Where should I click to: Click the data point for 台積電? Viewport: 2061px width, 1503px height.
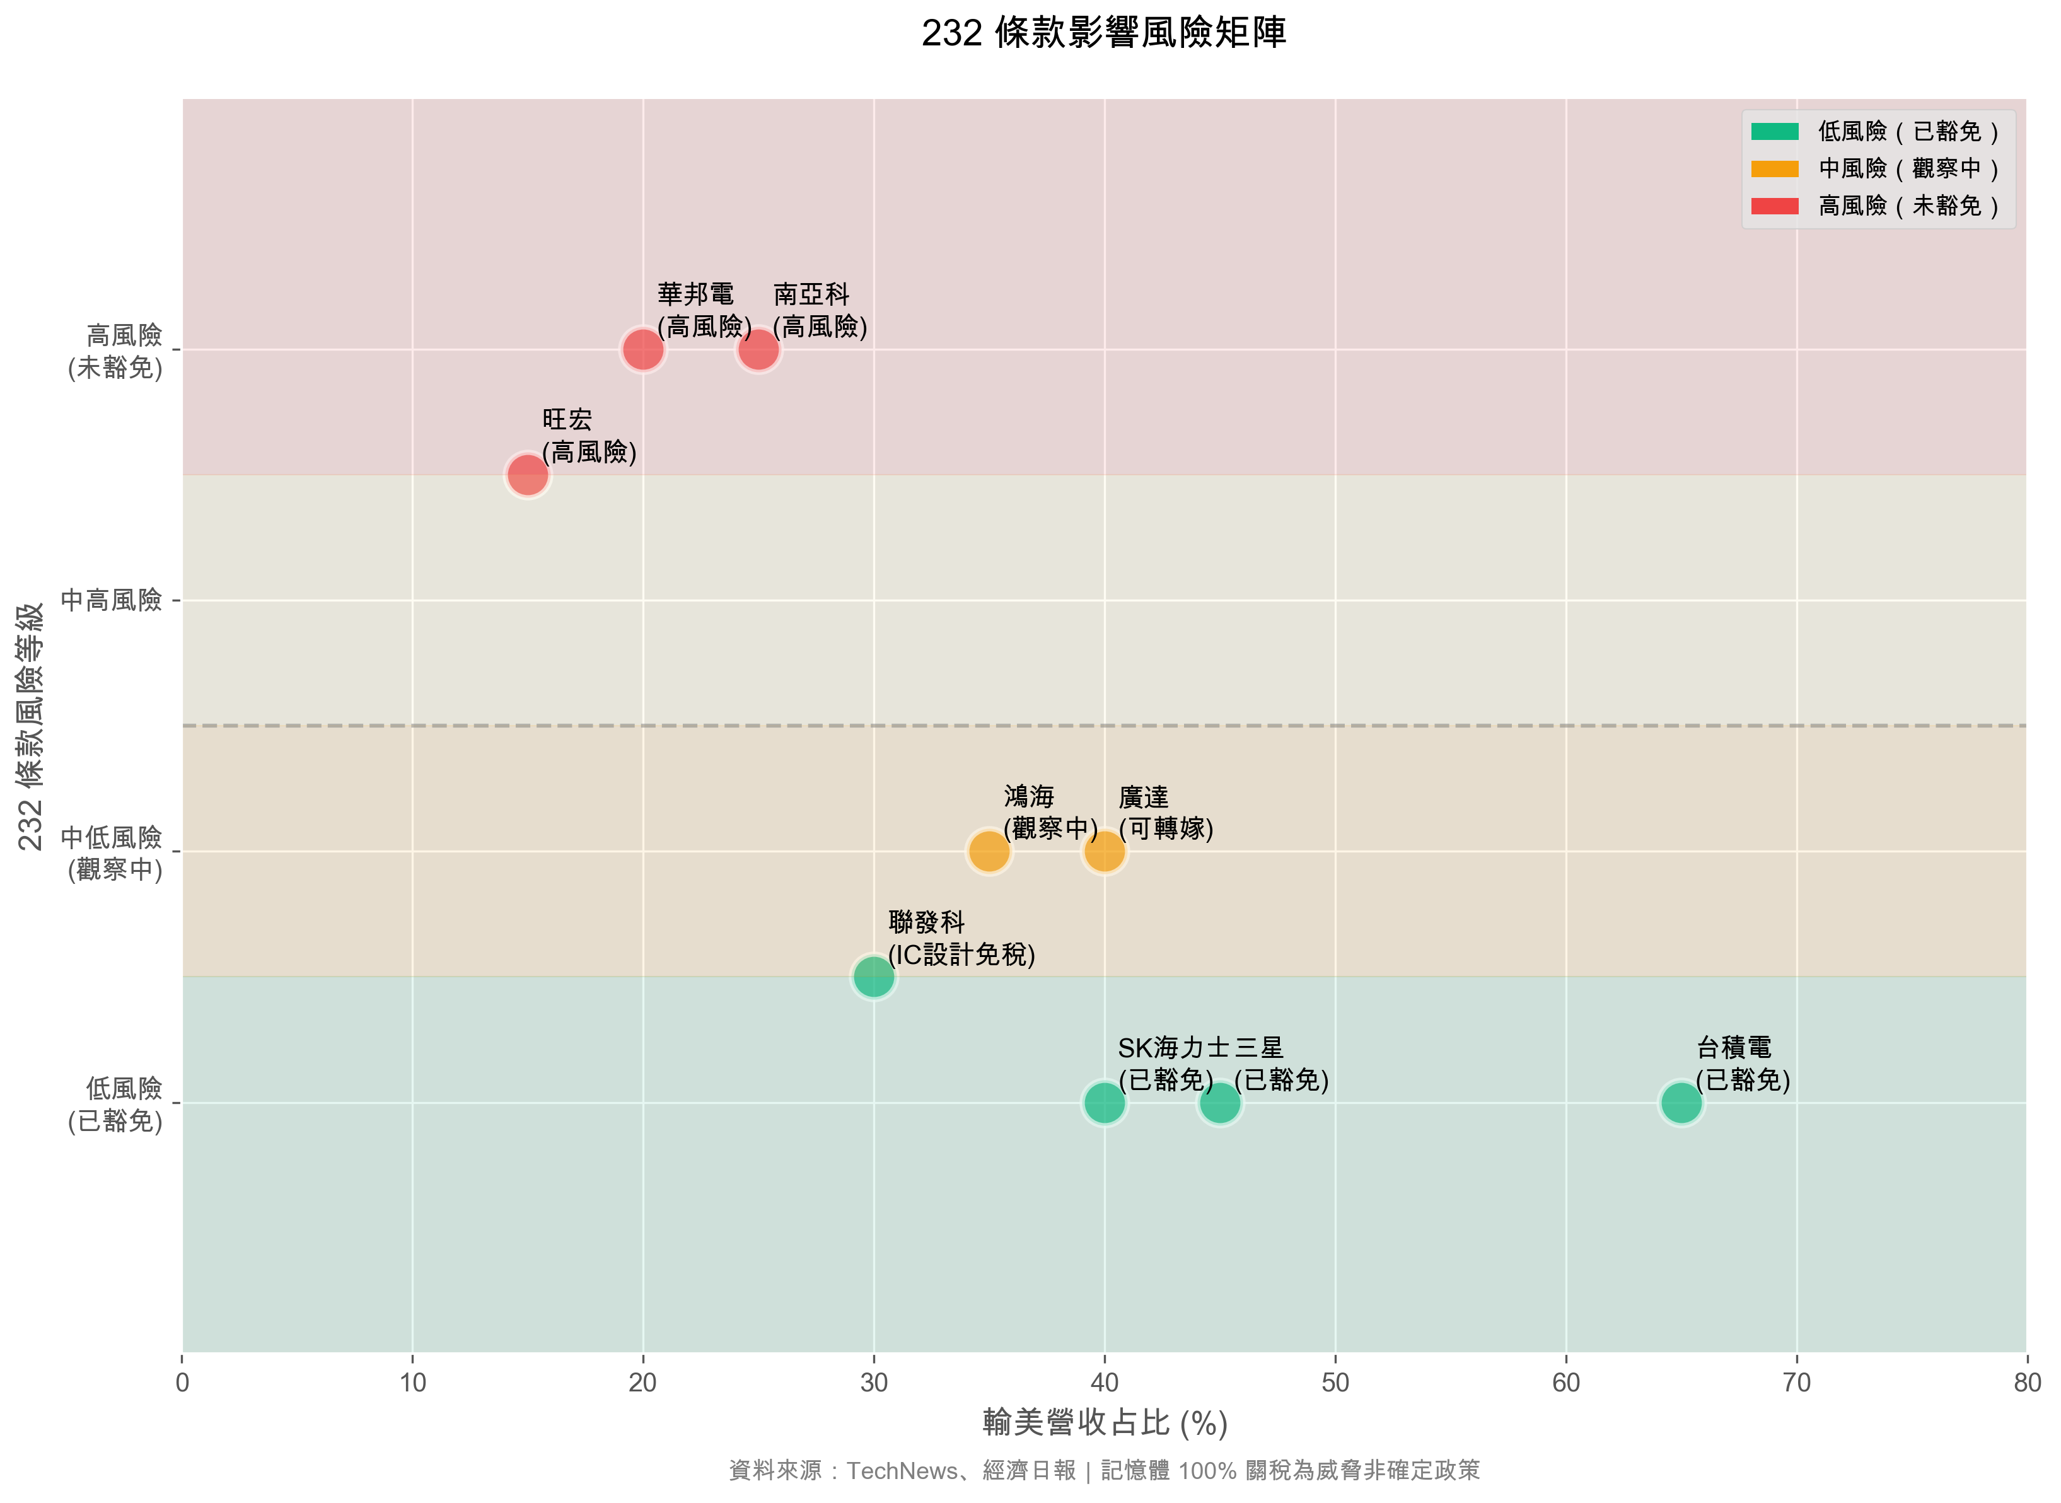pos(1681,1103)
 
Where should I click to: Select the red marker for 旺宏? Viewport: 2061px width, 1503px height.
pos(528,474)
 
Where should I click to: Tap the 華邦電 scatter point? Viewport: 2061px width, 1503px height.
pos(642,349)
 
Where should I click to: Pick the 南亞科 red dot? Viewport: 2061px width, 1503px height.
pos(758,349)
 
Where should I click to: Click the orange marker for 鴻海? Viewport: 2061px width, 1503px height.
pos(989,852)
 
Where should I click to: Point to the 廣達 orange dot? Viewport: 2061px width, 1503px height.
pos(1105,852)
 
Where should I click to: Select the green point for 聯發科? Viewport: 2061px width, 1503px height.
pos(874,977)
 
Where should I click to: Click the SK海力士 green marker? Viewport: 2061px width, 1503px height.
pos(1105,1103)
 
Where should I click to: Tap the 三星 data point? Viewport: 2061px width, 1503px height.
pos(1219,1103)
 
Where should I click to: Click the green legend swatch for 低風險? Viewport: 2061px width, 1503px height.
pos(1774,132)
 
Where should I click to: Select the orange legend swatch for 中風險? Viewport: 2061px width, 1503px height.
pos(1774,169)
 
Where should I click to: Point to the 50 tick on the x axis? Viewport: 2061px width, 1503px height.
pos(1335,1383)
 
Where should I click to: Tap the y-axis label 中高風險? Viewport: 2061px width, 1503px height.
pos(111,600)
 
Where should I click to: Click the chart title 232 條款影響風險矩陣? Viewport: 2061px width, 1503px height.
pos(1104,33)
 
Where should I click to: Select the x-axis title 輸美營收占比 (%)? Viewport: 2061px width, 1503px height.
pos(1105,1423)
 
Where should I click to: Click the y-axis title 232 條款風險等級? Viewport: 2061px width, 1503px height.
pos(30,726)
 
